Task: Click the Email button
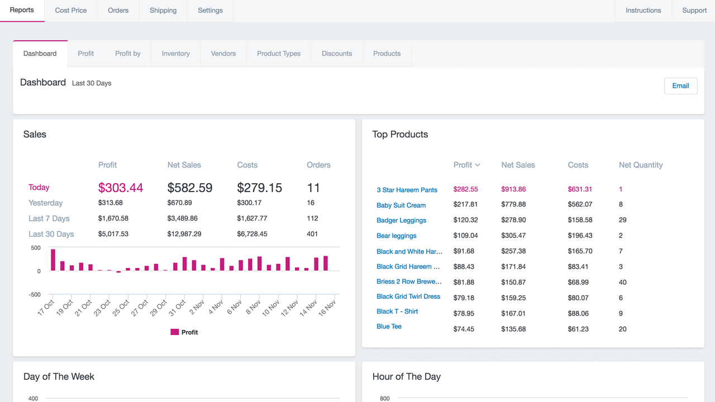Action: pyautogui.click(x=680, y=86)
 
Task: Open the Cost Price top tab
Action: pyautogui.click(x=71, y=11)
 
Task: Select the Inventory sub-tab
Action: pyautogui.click(x=175, y=54)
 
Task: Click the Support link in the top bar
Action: pyautogui.click(x=694, y=11)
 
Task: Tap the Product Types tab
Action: pyautogui.click(x=278, y=54)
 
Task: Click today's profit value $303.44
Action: pyautogui.click(x=121, y=188)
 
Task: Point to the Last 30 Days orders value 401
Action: pyautogui.click(x=312, y=234)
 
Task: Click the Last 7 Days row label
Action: pyautogui.click(x=49, y=218)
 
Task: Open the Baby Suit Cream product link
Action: pyautogui.click(x=401, y=205)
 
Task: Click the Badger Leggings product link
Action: pyautogui.click(x=401, y=221)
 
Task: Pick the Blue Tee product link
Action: pyautogui.click(x=389, y=327)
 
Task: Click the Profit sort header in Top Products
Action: pyautogui.click(x=466, y=165)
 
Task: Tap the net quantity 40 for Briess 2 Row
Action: pyautogui.click(x=622, y=282)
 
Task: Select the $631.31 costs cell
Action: pyautogui.click(x=580, y=189)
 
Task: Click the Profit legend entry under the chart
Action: pyautogui.click(x=184, y=332)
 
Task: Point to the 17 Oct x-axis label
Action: pyautogui.click(x=46, y=308)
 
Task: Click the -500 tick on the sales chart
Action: pyautogui.click(x=35, y=294)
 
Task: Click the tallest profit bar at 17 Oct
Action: pyautogui.click(x=53, y=260)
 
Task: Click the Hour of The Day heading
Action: pyautogui.click(x=406, y=376)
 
